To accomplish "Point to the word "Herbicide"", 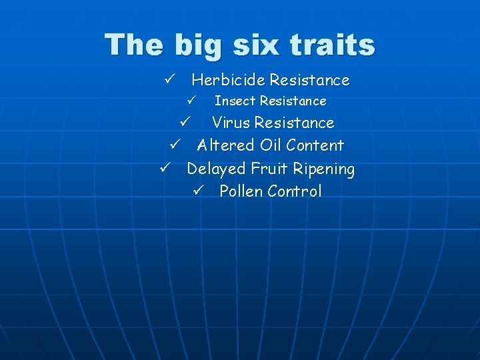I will pos(228,80).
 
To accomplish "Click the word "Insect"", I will pos(235,101).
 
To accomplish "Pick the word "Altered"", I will pos(226,145).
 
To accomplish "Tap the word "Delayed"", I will pos(216,169).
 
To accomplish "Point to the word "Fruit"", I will pos(269,169).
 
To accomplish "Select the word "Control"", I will pos(294,191).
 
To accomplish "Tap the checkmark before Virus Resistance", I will pos(186,123).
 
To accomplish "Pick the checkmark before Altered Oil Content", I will pos(175,145).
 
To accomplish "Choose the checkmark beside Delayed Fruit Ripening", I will pos(166,168).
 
